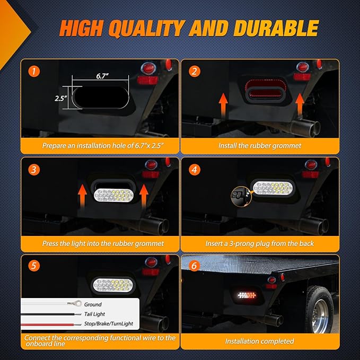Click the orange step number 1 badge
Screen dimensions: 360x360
pyautogui.click(x=34, y=71)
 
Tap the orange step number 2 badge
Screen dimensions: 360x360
pyautogui.click(x=194, y=71)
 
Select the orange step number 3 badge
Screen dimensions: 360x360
pyautogui.click(x=34, y=170)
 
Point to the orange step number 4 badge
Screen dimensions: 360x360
pyautogui.click(x=194, y=170)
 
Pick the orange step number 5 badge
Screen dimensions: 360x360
pyautogui.click(x=34, y=266)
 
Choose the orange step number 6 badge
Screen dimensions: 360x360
pyautogui.click(x=194, y=266)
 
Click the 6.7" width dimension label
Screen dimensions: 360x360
pyautogui.click(x=102, y=76)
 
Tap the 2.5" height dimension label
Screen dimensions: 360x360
pyautogui.click(x=60, y=98)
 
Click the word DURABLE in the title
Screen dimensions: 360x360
pyautogui.click(x=276, y=29)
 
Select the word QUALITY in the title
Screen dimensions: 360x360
pyautogui.click(x=146, y=29)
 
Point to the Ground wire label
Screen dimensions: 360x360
pyautogui.click(x=93, y=304)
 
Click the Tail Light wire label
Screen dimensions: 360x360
pyautogui.click(x=94, y=314)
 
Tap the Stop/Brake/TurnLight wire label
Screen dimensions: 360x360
pyautogui.click(x=108, y=323)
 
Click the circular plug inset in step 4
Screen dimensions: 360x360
pyautogui.click(x=239, y=197)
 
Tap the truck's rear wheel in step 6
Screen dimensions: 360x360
pyautogui.click(x=320, y=309)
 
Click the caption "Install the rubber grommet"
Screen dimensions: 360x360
pyautogui.click(x=260, y=146)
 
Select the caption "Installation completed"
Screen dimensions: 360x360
pyautogui.click(x=259, y=341)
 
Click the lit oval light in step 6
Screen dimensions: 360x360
pyautogui.click(x=247, y=295)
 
